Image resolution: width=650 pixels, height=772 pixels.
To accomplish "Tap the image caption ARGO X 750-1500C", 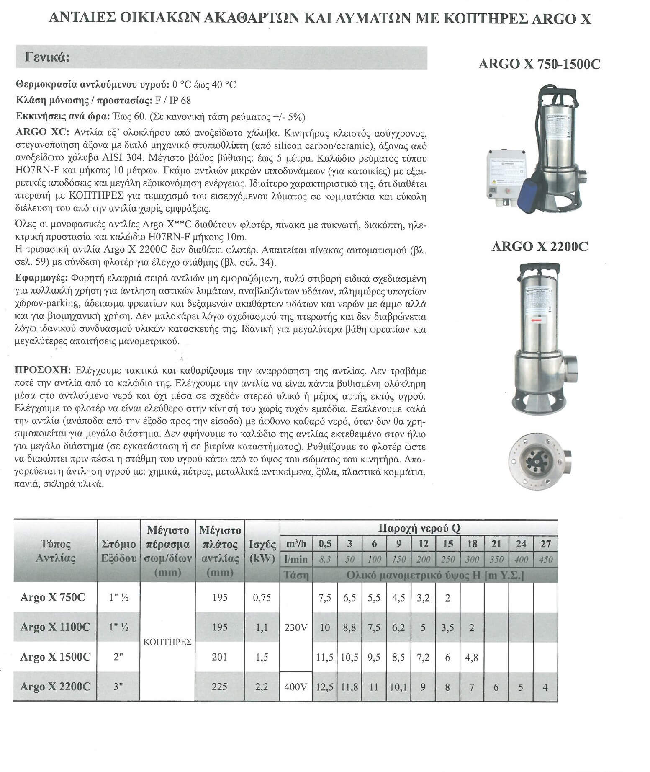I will [539, 64].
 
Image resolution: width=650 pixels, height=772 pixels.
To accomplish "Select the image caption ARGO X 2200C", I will [539, 247].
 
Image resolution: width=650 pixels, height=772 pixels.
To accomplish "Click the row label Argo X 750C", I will [53, 597].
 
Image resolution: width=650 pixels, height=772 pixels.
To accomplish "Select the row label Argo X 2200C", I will [55, 687].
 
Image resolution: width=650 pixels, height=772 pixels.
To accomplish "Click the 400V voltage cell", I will [295, 687].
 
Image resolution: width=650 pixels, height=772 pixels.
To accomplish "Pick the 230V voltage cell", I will [295, 627].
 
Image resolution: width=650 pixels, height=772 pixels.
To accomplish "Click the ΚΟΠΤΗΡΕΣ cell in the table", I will [167, 642].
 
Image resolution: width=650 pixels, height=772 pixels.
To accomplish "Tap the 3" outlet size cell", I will [118, 687].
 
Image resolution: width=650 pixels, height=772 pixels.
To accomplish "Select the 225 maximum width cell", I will [219, 687].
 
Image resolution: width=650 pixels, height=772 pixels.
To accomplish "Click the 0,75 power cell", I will [262, 597].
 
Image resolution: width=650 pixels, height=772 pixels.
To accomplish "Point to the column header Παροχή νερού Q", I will [419, 528].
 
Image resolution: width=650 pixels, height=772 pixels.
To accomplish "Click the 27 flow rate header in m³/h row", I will [545, 544].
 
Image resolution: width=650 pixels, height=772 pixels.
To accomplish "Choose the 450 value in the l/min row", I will [545, 559].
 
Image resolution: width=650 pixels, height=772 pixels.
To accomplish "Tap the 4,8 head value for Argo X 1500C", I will [472, 657].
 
